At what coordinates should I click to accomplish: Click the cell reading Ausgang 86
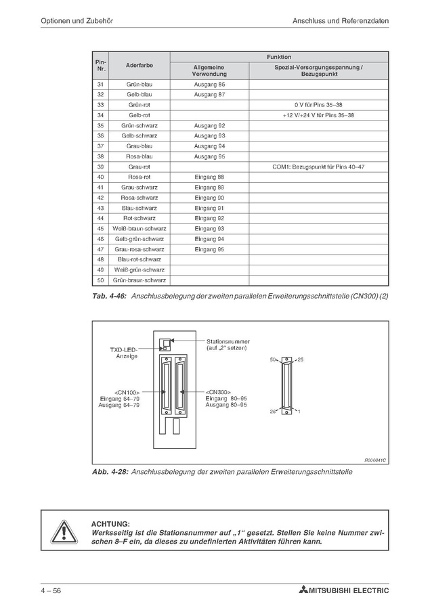[209, 84]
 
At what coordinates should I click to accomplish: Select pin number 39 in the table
[100, 166]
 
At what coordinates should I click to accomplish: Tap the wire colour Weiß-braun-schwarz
[140, 228]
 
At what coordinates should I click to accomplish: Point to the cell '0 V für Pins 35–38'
[318, 105]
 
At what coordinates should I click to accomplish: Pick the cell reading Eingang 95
[209, 248]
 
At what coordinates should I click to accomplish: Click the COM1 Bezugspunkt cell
[318, 166]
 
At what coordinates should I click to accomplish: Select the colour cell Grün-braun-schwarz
[140, 280]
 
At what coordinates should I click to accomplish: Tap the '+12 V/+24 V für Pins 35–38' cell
[318, 115]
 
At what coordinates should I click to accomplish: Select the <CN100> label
[127, 392]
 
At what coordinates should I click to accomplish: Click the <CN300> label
[219, 392]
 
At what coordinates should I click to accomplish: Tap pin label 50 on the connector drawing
[274, 360]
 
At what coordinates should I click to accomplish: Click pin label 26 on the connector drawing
[274, 411]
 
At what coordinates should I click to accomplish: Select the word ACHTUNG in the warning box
[109, 523]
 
